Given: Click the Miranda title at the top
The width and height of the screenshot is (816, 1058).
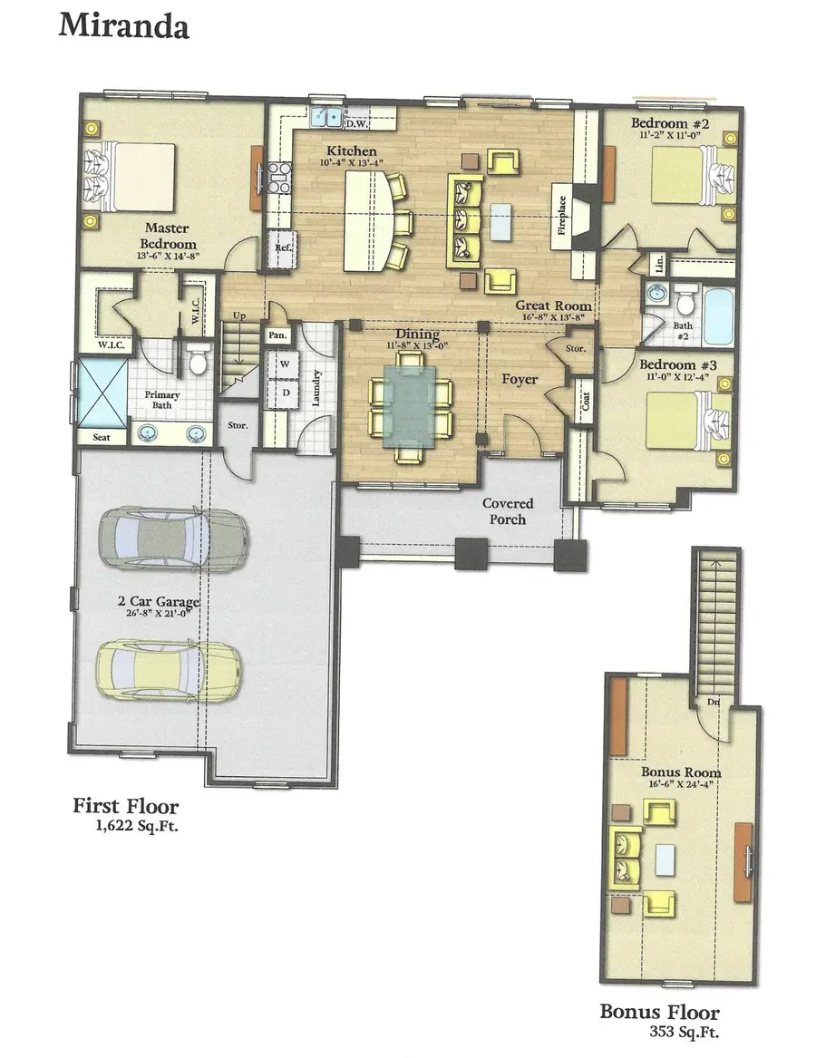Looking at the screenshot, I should [123, 25].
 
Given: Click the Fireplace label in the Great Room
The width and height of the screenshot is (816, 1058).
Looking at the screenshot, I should [561, 215].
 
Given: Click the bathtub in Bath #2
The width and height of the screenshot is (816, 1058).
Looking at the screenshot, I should [717, 315].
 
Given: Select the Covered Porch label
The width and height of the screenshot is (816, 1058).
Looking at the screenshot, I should [508, 511].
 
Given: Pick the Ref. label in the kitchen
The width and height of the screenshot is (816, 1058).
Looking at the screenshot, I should [281, 247].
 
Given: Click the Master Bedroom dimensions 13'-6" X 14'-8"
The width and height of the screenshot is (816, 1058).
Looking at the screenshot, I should [168, 257].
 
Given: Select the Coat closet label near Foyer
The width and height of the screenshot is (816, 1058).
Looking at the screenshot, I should [586, 400].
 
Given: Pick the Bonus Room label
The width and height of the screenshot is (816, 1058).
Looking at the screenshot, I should [681, 772].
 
